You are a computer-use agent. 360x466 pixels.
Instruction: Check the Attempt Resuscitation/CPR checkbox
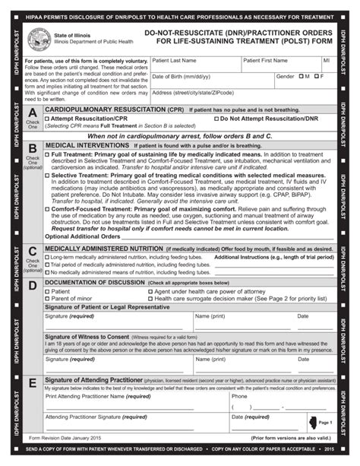pos(48,119)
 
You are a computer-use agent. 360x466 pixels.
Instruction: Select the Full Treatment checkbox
pos(48,154)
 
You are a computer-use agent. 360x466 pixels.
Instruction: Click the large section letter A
pos(33,113)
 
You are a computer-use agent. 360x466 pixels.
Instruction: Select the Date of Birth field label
pos(181,77)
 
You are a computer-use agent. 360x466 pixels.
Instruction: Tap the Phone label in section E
pos(239,396)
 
